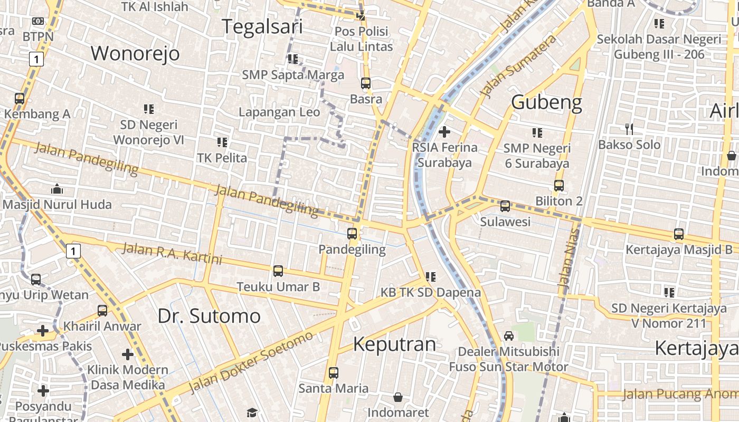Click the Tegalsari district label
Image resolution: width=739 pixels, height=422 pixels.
[x=262, y=26]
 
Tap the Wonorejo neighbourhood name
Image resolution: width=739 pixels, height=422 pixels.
[x=135, y=53]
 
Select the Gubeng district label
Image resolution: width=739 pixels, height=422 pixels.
[x=546, y=102]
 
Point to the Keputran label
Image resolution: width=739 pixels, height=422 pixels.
[x=394, y=344]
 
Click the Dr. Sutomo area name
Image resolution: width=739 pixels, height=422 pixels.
[x=209, y=316]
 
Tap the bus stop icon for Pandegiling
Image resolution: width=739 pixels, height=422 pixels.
[x=352, y=233]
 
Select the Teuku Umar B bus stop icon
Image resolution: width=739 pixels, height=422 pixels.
[x=278, y=271]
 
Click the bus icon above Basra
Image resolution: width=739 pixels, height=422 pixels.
[x=366, y=83]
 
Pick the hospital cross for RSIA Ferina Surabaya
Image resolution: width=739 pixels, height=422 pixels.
[x=444, y=131]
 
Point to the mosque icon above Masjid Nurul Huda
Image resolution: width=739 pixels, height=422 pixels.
[x=56, y=189]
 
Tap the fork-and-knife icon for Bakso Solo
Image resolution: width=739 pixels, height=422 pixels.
[x=629, y=129]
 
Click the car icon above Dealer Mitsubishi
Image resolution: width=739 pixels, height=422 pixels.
[x=509, y=335]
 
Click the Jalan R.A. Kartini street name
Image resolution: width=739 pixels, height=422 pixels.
[x=172, y=254]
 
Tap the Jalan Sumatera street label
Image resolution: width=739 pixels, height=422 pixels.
[x=518, y=66]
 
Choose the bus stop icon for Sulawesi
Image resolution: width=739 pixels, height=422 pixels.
[x=505, y=206]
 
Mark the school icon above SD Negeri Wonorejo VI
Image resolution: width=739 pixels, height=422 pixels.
[x=148, y=109]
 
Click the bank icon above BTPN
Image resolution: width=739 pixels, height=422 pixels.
[x=37, y=21]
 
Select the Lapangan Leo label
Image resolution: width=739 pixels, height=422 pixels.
[x=279, y=112]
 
